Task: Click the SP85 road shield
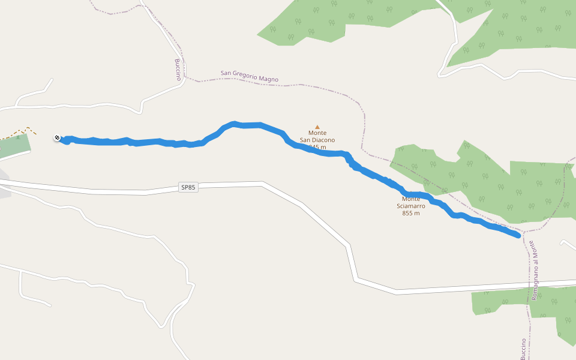(x=188, y=188)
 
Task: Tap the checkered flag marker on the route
(x=56, y=138)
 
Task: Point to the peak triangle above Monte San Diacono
(x=317, y=127)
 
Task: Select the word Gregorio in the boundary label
(x=247, y=76)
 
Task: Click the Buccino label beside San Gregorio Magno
(x=178, y=70)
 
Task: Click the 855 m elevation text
(x=411, y=213)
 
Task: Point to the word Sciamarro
(x=411, y=206)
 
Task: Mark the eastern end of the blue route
(x=517, y=236)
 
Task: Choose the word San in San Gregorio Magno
(x=226, y=73)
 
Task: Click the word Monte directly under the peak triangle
(x=317, y=133)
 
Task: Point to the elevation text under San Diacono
(x=317, y=147)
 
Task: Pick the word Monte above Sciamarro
(x=411, y=199)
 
